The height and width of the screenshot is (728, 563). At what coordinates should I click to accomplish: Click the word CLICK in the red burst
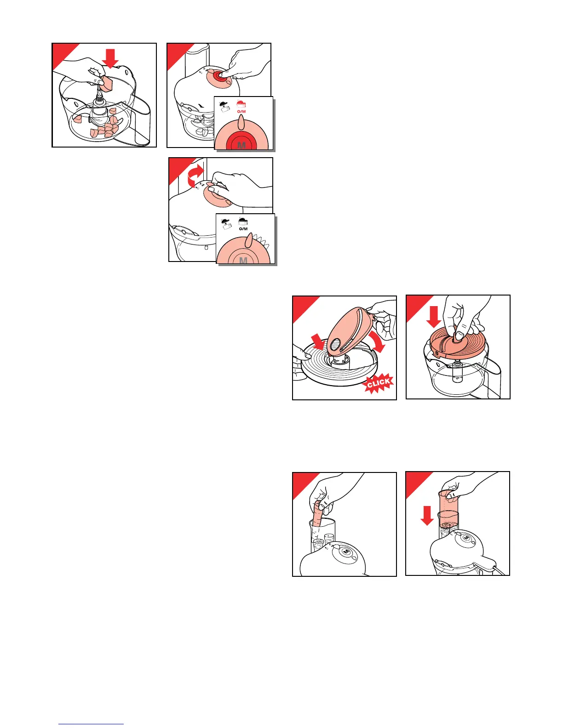point(379,383)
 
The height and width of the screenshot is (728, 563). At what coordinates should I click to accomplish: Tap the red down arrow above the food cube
point(110,59)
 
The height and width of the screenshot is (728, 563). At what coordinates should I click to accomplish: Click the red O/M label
point(241,111)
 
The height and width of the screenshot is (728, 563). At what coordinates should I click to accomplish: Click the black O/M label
point(243,229)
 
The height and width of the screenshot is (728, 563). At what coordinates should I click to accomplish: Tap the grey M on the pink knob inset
point(243,260)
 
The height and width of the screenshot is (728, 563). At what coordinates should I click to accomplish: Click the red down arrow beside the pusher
point(427,515)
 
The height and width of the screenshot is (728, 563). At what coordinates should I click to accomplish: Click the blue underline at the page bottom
point(91,723)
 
